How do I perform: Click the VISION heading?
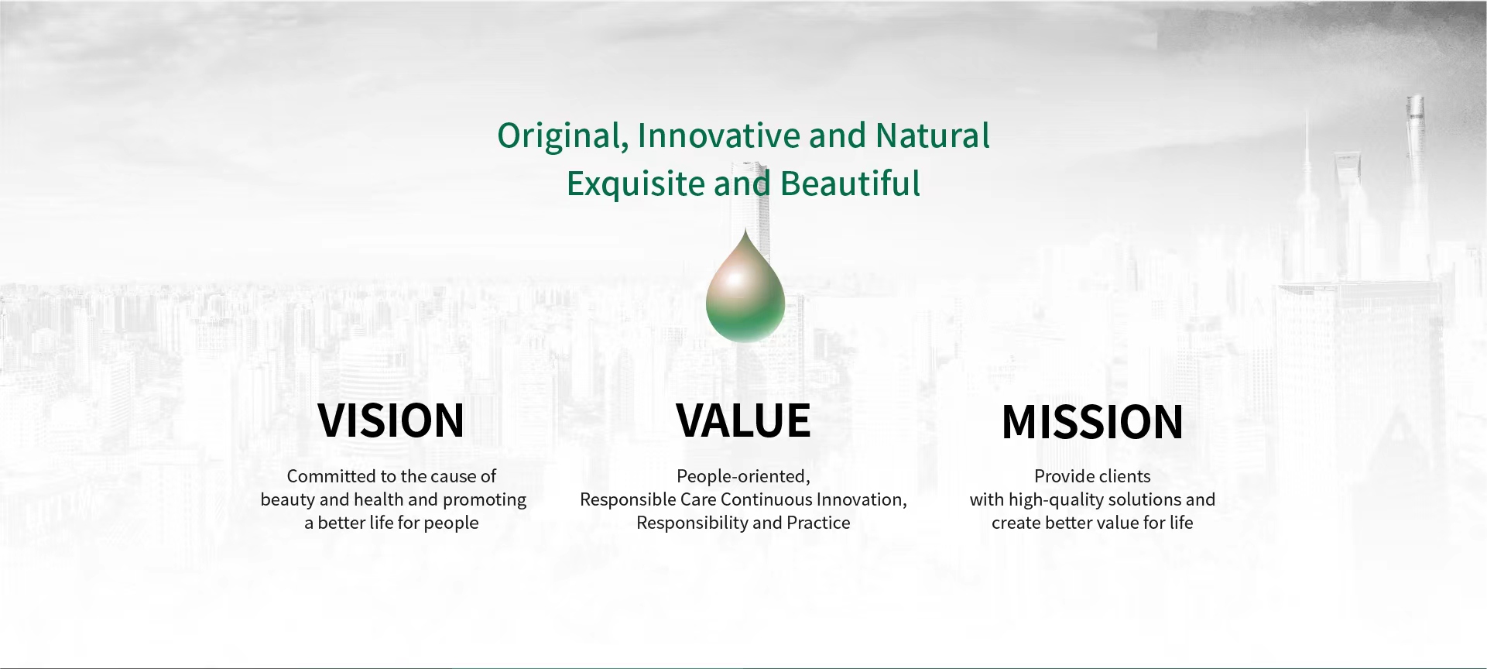coord(391,420)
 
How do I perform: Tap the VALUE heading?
coord(743,420)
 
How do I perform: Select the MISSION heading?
coord(1092,422)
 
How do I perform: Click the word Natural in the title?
coord(932,136)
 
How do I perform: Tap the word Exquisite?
coord(636,184)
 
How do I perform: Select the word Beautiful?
coord(850,184)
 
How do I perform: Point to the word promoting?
coord(485,500)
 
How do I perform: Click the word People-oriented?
coord(743,476)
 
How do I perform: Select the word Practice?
coord(818,523)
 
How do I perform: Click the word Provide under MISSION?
coord(1064,476)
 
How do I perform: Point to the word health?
coord(379,499)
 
